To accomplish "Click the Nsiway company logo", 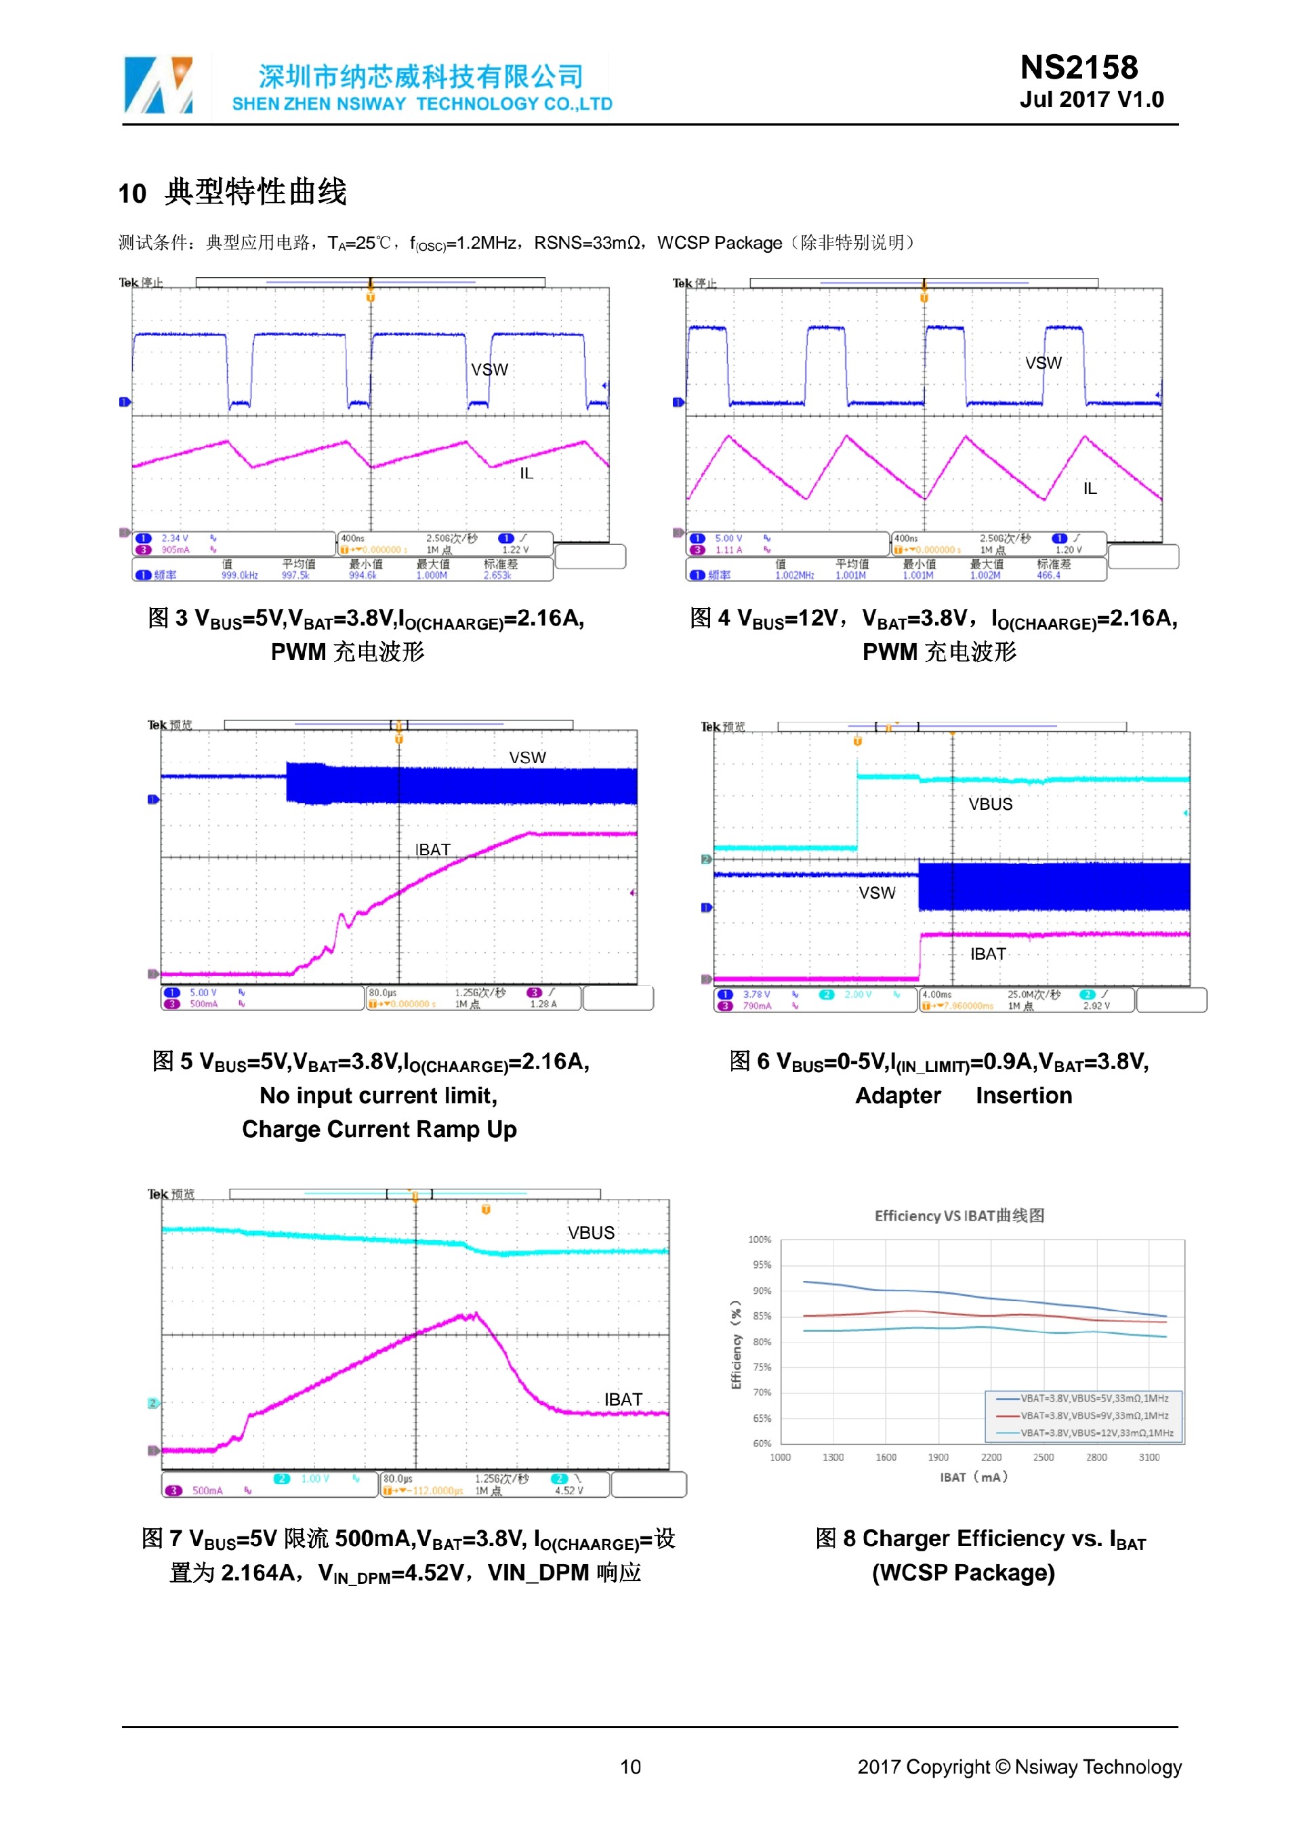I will pyautogui.click(x=159, y=84).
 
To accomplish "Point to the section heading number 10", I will pyautogui.click(x=132, y=194).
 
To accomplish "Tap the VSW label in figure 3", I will pyautogui.click(x=489, y=369).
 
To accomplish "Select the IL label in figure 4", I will pyautogui.click(x=1090, y=488).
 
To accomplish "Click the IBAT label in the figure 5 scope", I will pyautogui.click(x=432, y=849).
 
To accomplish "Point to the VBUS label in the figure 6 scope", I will pyautogui.click(x=990, y=804).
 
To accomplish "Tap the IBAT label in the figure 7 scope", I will pyautogui.click(x=623, y=1399).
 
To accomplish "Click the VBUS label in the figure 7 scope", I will pyautogui.click(x=592, y=1233).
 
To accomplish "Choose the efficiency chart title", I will pyautogui.click(x=959, y=1216).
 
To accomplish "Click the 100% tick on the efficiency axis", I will pyautogui.click(x=760, y=1240).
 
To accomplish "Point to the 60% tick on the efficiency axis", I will pyautogui.click(x=762, y=1444).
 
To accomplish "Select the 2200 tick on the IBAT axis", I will pyautogui.click(x=991, y=1458).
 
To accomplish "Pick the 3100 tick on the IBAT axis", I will pyautogui.click(x=1149, y=1458).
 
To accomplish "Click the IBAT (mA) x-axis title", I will pyautogui.click(x=973, y=1477).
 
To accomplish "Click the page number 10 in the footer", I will pyautogui.click(x=630, y=1766).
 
